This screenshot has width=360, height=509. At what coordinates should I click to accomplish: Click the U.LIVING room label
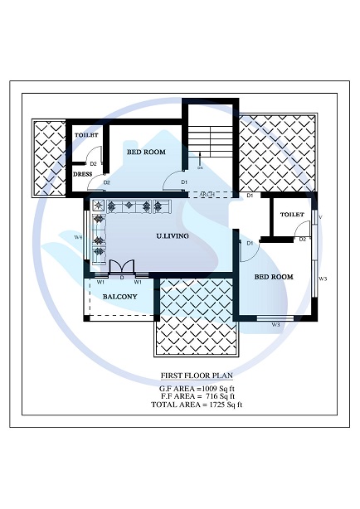click(x=173, y=236)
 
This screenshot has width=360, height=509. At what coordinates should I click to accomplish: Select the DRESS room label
click(x=82, y=175)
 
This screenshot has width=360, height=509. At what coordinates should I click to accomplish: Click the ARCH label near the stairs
click(x=207, y=195)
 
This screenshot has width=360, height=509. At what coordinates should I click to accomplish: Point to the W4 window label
click(x=78, y=238)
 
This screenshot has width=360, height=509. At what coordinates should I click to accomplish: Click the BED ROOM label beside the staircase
click(x=145, y=153)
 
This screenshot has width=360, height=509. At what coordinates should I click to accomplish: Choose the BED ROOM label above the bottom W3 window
click(x=273, y=276)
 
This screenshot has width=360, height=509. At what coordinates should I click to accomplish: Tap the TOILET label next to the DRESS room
click(x=86, y=134)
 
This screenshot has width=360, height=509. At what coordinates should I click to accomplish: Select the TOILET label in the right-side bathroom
click(x=292, y=215)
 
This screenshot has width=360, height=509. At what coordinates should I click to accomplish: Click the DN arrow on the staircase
click(x=200, y=165)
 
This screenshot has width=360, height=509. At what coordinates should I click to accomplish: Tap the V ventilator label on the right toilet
click(x=319, y=217)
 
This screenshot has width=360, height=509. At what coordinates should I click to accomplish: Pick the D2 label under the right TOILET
click(x=303, y=240)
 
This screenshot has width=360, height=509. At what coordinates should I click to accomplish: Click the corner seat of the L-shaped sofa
click(x=99, y=206)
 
